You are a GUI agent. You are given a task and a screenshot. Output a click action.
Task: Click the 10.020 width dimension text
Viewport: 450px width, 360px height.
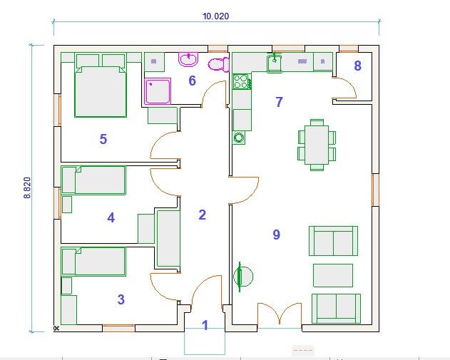tap(216, 16)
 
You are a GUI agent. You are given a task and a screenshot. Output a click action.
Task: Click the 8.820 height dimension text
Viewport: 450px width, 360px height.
tap(27, 188)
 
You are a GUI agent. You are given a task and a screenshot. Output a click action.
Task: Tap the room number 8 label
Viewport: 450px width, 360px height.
tap(357, 66)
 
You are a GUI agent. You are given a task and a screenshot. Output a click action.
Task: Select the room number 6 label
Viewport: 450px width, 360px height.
tap(192, 81)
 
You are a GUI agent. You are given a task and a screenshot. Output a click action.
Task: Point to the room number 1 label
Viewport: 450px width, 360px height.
tap(205, 325)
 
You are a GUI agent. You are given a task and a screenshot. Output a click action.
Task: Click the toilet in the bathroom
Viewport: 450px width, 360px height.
tap(219, 65)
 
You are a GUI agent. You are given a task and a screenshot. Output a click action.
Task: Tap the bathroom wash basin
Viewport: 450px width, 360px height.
tap(188, 59)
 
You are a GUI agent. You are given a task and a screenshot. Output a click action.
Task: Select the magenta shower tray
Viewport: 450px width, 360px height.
tap(158, 91)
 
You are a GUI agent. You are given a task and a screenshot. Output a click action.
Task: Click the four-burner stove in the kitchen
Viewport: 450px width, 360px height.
tap(242, 81)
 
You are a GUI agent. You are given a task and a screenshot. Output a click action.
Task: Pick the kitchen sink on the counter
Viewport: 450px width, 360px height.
tap(275, 63)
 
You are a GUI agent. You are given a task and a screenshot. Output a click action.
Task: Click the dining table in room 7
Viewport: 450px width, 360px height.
tap(317, 145)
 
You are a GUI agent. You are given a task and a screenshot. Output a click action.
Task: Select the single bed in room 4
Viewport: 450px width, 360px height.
tap(93, 180)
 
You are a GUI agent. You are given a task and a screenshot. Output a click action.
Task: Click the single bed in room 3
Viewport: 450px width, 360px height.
tap(93, 262)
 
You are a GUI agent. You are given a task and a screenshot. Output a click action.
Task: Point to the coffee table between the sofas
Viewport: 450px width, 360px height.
tap(333, 275)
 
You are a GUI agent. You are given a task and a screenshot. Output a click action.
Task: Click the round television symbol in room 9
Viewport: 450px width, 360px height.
tap(242, 277)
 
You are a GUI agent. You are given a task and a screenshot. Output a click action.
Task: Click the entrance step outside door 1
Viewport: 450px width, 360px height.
tap(205, 341)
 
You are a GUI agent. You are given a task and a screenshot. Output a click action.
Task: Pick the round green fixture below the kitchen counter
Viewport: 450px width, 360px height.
tap(238, 138)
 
